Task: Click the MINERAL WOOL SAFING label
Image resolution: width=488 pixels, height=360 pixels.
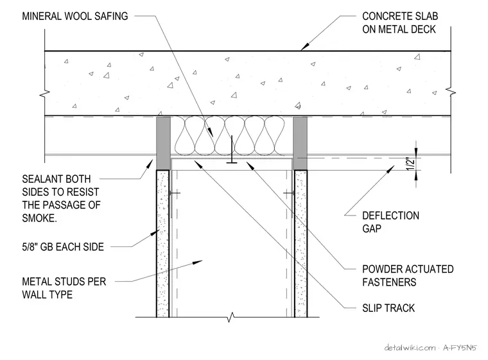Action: pyautogui.click(x=74, y=16)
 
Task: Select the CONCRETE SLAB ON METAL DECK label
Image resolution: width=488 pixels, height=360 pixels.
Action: pyautogui.click(x=400, y=22)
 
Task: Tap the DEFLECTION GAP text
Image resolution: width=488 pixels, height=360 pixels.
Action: pyautogui.click(x=390, y=222)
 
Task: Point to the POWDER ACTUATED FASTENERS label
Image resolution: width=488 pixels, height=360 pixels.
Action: pyautogui.click(x=408, y=276)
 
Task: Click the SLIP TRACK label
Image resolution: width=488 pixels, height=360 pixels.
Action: pyautogui.click(x=388, y=308)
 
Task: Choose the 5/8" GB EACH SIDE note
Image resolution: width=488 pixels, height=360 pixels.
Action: pyautogui.click(x=63, y=247)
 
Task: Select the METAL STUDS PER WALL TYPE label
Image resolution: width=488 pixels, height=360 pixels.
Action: pyautogui.click(x=64, y=288)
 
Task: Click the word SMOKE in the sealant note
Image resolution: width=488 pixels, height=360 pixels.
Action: pyautogui.click(x=39, y=218)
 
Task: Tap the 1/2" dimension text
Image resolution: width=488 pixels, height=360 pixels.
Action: pyautogui.click(x=411, y=164)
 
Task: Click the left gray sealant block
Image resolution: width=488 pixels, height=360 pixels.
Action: pyautogui.click(x=163, y=143)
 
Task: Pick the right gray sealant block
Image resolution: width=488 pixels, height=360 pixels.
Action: pyautogui.click(x=301, y=143)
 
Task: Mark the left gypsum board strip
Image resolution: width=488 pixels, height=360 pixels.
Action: pyautogui.click(x=162, y=244)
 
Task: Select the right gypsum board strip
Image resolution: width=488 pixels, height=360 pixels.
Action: pyautogui.click(x=301, y=244)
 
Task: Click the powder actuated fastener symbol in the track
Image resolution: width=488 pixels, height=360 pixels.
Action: pyautogui.click(x=232, y=150)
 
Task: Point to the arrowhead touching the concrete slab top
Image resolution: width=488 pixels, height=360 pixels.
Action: pyautogui.click(x=304, y=46)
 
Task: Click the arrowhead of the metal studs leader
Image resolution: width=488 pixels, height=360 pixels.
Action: pyautogui.click(x=198, y=262)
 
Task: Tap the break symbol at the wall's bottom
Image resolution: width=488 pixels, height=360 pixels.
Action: pyautogui.click(x=231, y=318)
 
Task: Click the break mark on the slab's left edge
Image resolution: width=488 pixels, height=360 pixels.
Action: pyautogui.click(x=45, y=92)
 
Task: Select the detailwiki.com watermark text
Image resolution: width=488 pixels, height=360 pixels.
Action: pyautogui.click(x=410, y=348)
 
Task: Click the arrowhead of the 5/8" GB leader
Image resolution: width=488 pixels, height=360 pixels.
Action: pyautogui.click(x=155, y=233)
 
